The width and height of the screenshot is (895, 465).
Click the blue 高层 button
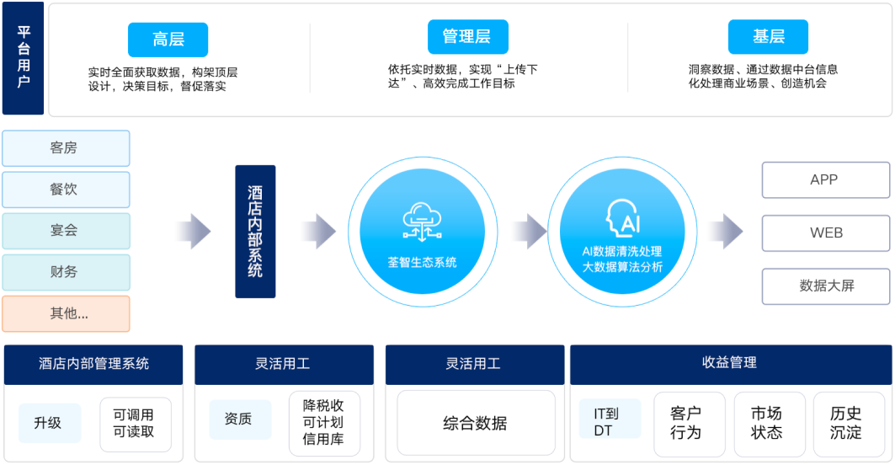(168, 40)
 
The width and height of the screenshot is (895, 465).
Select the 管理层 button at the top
(468, 36)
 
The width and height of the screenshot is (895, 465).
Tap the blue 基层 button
(768, 36)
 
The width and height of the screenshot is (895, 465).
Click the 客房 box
(67, 148)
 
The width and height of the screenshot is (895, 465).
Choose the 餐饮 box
(67, 190)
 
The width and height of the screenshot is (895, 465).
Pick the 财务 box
(67, 272)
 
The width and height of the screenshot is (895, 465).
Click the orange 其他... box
(67, 313)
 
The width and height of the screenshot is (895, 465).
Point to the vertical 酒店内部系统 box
(255, 232)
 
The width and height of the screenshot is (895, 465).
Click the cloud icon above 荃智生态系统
(422, 222)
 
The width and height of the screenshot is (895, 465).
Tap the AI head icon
(623, 217)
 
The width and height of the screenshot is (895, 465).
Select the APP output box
(826, 180)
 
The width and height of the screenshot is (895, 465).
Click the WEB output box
(826, 233)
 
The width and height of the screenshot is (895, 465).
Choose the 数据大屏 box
(826, 286)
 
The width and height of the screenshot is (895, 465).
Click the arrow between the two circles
(529, 232)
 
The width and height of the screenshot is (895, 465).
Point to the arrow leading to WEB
(726, 232)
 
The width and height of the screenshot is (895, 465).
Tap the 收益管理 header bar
(730, 364)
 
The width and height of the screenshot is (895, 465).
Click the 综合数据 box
(476, 423)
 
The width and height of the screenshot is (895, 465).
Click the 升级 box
(50, 423)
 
